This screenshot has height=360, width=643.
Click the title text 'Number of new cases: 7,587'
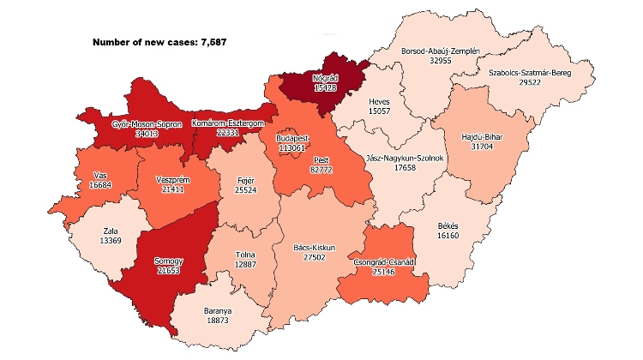click(x=159, y=42)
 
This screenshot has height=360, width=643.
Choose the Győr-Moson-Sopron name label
click(x=147, y=123)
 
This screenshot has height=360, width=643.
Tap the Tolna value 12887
click(x=249, y=265)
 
